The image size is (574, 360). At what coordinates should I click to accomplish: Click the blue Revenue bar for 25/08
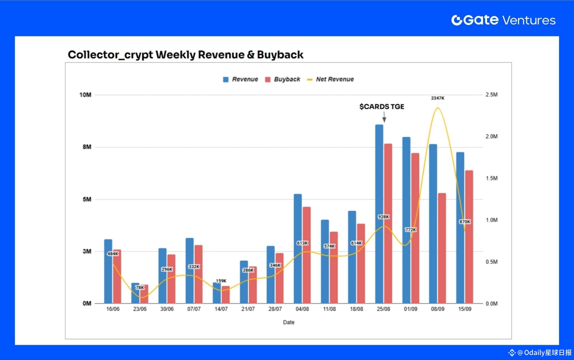(379, 196)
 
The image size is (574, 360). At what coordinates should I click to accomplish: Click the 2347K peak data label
(438, 98)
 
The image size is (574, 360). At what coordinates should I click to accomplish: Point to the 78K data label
(140, 287)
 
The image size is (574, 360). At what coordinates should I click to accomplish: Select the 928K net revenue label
(383, 217)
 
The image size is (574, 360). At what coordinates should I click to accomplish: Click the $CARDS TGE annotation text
(382, 107)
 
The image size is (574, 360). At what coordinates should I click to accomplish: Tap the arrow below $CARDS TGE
(384, 117)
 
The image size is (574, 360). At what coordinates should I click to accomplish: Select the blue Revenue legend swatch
(226, 80)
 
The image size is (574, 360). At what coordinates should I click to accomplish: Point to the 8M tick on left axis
(87, 147)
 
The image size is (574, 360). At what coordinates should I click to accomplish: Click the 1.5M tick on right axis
(492, 178)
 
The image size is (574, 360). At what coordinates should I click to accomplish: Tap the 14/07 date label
(221, 309)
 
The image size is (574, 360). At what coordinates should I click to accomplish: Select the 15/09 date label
(465, 309)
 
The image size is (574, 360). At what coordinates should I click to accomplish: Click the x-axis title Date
(289, 322)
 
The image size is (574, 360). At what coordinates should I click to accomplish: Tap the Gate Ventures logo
(503, 20)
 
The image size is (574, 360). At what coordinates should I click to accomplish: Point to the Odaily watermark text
(544, 352)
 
